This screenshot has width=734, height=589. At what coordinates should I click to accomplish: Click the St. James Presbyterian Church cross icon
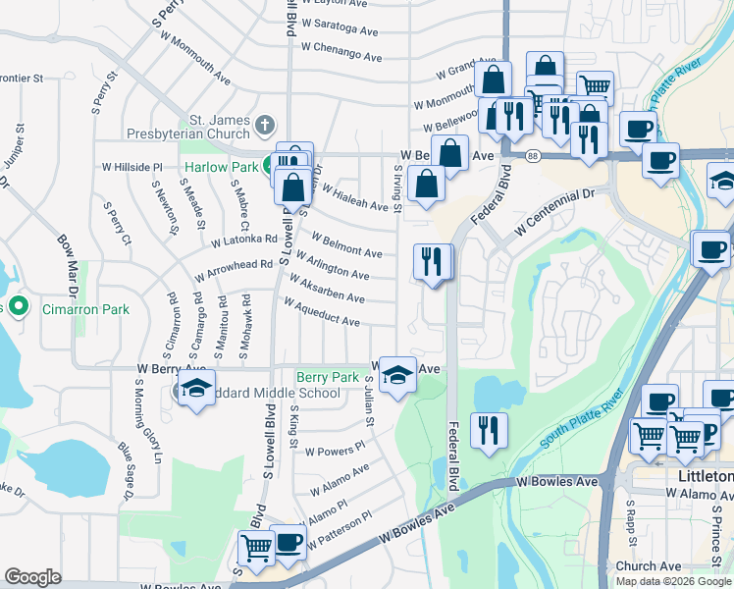point(264,125)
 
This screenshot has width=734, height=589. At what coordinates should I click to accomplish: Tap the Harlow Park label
point(218,167)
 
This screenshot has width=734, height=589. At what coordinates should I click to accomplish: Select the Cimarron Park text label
point(86,309)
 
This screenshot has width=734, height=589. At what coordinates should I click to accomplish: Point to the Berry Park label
point(328,377)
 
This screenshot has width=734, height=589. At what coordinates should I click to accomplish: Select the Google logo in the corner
point(32,576)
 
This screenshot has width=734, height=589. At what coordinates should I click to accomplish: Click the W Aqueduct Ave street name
point(321,313)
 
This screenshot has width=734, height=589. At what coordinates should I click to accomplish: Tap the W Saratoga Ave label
point(340,27)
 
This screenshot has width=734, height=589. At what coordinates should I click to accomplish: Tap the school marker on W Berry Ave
point(396,374)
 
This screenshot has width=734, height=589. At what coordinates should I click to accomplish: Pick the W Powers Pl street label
point(335,448)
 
